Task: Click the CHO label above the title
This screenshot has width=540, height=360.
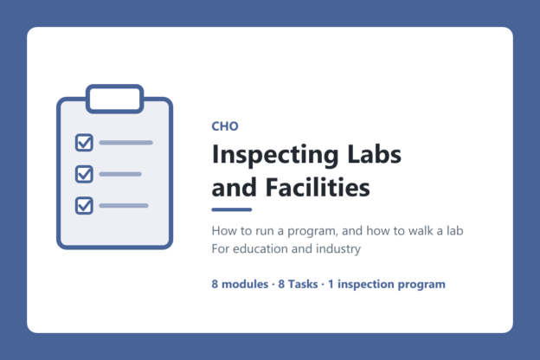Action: [225, 126]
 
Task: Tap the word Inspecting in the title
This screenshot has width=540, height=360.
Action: [275, 155]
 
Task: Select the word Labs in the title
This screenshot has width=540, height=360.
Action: [375, 154]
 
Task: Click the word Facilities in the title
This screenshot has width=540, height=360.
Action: [318, 187]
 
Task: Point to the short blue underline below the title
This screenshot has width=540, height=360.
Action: [232, 209]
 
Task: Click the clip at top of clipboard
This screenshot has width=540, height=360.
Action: [115, 99]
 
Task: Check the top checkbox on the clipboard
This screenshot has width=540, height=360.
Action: [84, 143]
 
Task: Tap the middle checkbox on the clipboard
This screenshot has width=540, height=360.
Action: [84, 174]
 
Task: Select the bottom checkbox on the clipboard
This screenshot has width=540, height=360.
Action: [84, 206]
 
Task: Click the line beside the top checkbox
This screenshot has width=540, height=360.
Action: [126, 143]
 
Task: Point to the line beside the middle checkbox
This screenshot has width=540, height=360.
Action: [120, 174]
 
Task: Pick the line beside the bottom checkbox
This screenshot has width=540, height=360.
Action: [124, 206]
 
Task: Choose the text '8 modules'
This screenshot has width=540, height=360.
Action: [240, 284]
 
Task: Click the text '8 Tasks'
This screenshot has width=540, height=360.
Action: [298, 284]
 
